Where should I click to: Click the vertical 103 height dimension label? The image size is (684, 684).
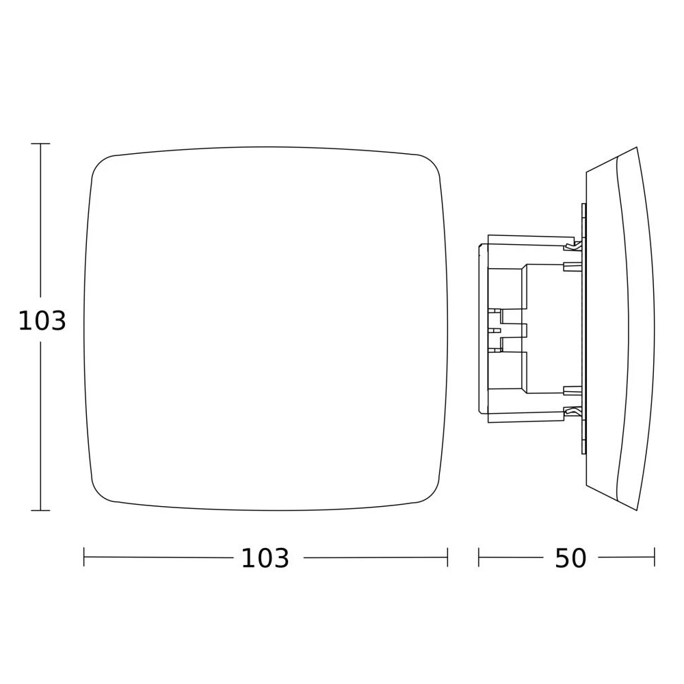[x=42, y=321]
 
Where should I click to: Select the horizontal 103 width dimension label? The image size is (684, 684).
[x=265, y=558]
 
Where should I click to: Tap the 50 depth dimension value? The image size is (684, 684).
[x=570, y=558]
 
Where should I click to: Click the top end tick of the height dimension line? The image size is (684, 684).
[x=40, y=144]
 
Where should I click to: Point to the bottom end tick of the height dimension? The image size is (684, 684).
[x=40, y=510]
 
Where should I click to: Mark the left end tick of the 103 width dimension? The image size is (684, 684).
[x=83, y=557]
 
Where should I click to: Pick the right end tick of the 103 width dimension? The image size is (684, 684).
[x=447, y=557]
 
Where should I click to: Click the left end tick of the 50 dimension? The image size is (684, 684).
[x=479, y=557]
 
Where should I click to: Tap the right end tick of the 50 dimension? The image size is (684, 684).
[x=655, y=557]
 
